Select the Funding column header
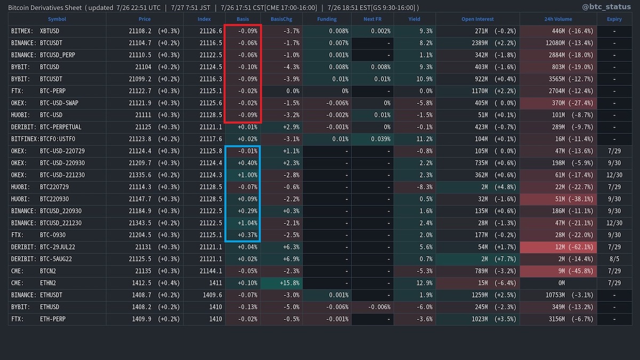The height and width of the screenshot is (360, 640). (x=326, y=19)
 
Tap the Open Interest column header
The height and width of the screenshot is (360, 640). (x=477, y=19)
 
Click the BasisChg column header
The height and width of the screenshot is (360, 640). (x=281, y=19)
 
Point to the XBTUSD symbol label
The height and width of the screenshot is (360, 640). (x=50, y=31)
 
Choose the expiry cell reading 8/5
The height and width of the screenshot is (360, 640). (x=614, y=259)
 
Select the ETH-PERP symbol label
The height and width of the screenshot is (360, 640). (x=53, y=319)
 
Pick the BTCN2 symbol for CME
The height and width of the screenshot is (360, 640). (x=49, y=271)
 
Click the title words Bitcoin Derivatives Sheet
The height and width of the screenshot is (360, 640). (x=45, y=7)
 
